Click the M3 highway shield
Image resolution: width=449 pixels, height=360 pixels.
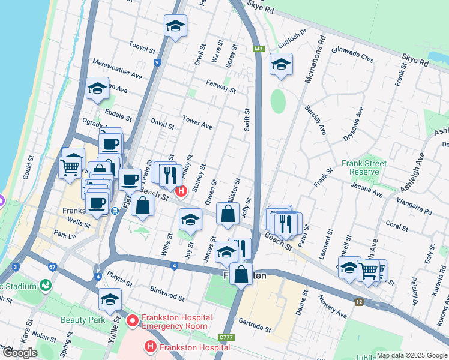[259, 49]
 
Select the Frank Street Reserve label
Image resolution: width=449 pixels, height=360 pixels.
[364, 167]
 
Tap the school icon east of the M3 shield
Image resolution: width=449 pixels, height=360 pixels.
[280, 65]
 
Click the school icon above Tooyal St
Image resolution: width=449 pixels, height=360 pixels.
[175, 26]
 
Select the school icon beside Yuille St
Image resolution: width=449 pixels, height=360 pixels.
[110, 299]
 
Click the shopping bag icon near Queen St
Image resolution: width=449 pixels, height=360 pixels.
[228, 214]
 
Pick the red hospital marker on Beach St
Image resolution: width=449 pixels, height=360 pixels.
[181, 191]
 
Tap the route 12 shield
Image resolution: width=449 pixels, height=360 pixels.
[359, 302]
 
